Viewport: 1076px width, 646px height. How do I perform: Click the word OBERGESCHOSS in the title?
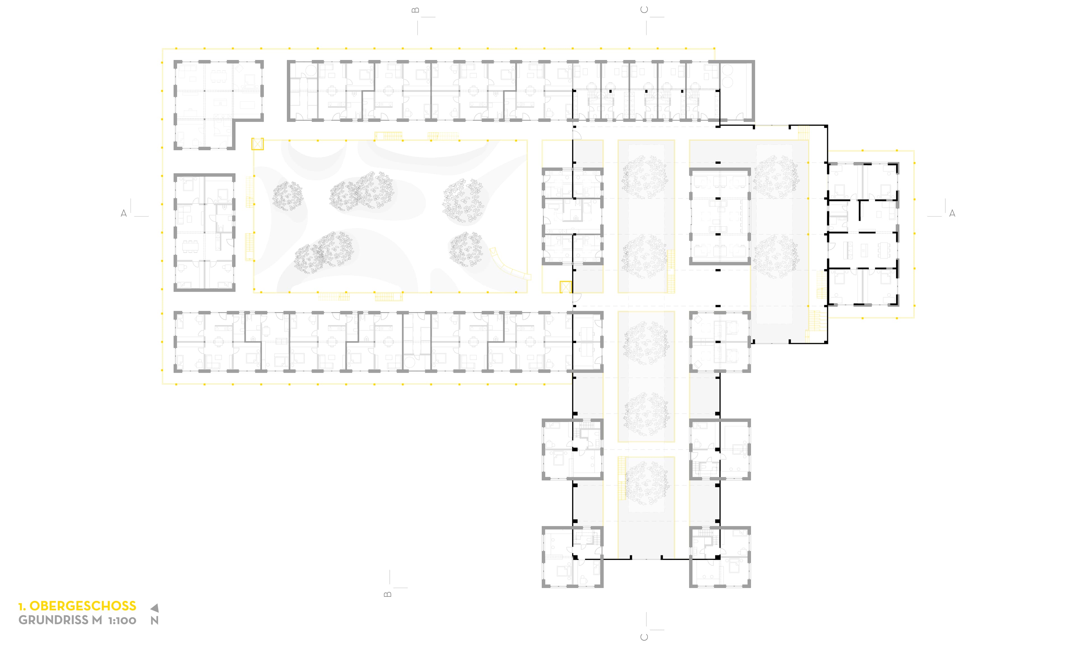click(x=83, y=606)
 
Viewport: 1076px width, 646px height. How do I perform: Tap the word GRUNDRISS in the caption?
click(x=54, y=620)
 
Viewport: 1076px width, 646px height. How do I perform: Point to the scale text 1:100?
click(x=122, y=620)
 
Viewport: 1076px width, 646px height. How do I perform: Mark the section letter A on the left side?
click(x=124, y=213)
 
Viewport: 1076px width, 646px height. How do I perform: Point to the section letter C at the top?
click(x=644, y=10)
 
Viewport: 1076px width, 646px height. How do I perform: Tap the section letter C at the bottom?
click(x=644, y=637)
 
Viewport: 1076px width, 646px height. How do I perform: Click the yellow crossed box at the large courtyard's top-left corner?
click(x=258, y=144)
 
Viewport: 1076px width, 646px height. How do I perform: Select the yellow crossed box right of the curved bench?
click(x=565, y=287)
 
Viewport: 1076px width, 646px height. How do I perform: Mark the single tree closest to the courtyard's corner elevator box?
click(x=287, y=196)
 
